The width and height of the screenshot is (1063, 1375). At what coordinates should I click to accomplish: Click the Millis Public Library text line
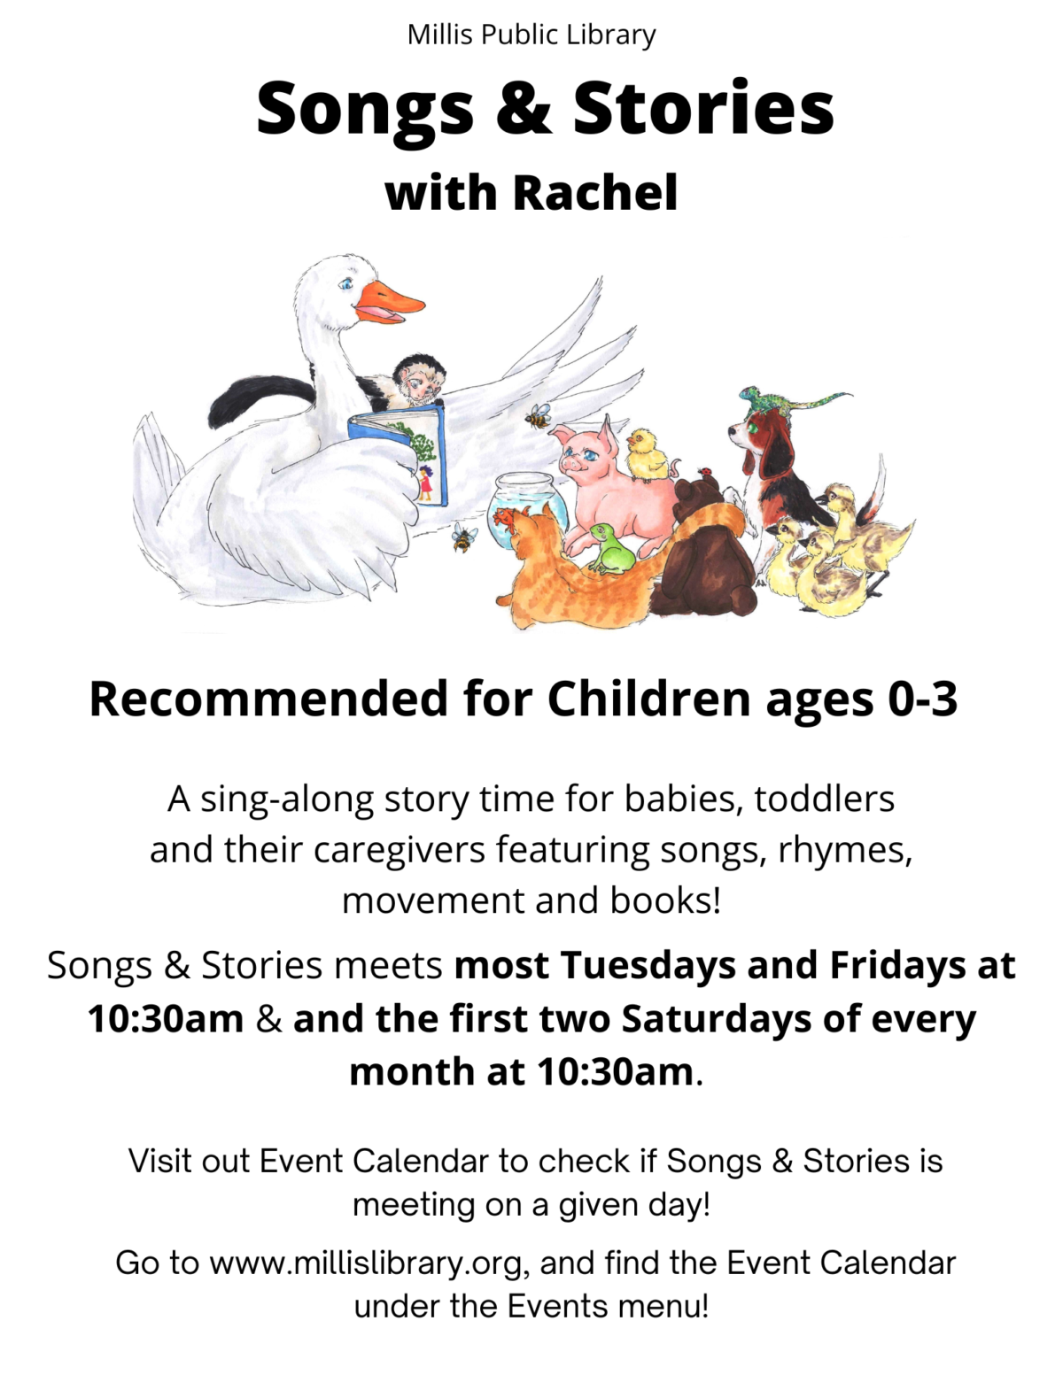click(x=531, y=35)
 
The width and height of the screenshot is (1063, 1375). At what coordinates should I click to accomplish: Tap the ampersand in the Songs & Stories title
click(x=523, y=108)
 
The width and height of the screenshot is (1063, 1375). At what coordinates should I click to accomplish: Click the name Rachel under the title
click(x=595, y=193)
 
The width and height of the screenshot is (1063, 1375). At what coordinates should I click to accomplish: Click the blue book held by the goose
click(x=399, y=452)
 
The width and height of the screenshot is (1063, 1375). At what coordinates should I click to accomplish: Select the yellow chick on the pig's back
click(x=647, y=455)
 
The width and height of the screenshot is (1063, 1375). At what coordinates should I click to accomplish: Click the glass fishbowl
click(x=523, y=513)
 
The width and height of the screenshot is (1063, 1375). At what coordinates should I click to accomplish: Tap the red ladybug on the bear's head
click(x=704, y=471)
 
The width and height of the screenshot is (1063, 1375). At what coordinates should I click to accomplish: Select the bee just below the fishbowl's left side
click(x=463, y=537)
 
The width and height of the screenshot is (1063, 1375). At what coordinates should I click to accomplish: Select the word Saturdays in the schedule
click(x=716, y=1019)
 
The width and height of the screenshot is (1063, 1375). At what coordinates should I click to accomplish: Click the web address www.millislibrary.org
click(x=367, y=1263)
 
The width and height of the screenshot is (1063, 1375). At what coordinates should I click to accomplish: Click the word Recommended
click(x=268, y=699)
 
